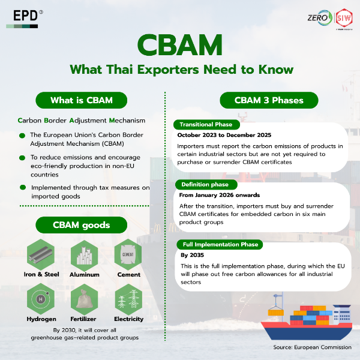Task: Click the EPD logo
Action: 25,19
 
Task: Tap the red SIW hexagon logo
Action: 344,18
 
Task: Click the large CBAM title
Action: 180,45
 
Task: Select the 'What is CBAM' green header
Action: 81,100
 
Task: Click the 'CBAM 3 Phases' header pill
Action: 269,100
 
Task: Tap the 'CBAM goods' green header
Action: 81,225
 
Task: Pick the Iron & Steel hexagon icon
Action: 41,254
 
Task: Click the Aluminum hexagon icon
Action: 84,256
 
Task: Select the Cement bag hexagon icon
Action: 128,254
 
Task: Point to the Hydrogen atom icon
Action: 41,299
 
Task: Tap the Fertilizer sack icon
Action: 84,299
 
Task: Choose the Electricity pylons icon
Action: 128,299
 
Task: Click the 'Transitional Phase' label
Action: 206,125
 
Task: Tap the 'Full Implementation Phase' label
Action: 220,245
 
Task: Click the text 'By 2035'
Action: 192,255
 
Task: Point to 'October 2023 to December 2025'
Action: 224,135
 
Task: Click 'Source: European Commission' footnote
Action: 312,347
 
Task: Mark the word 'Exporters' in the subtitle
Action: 168,70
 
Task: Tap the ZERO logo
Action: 320,17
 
